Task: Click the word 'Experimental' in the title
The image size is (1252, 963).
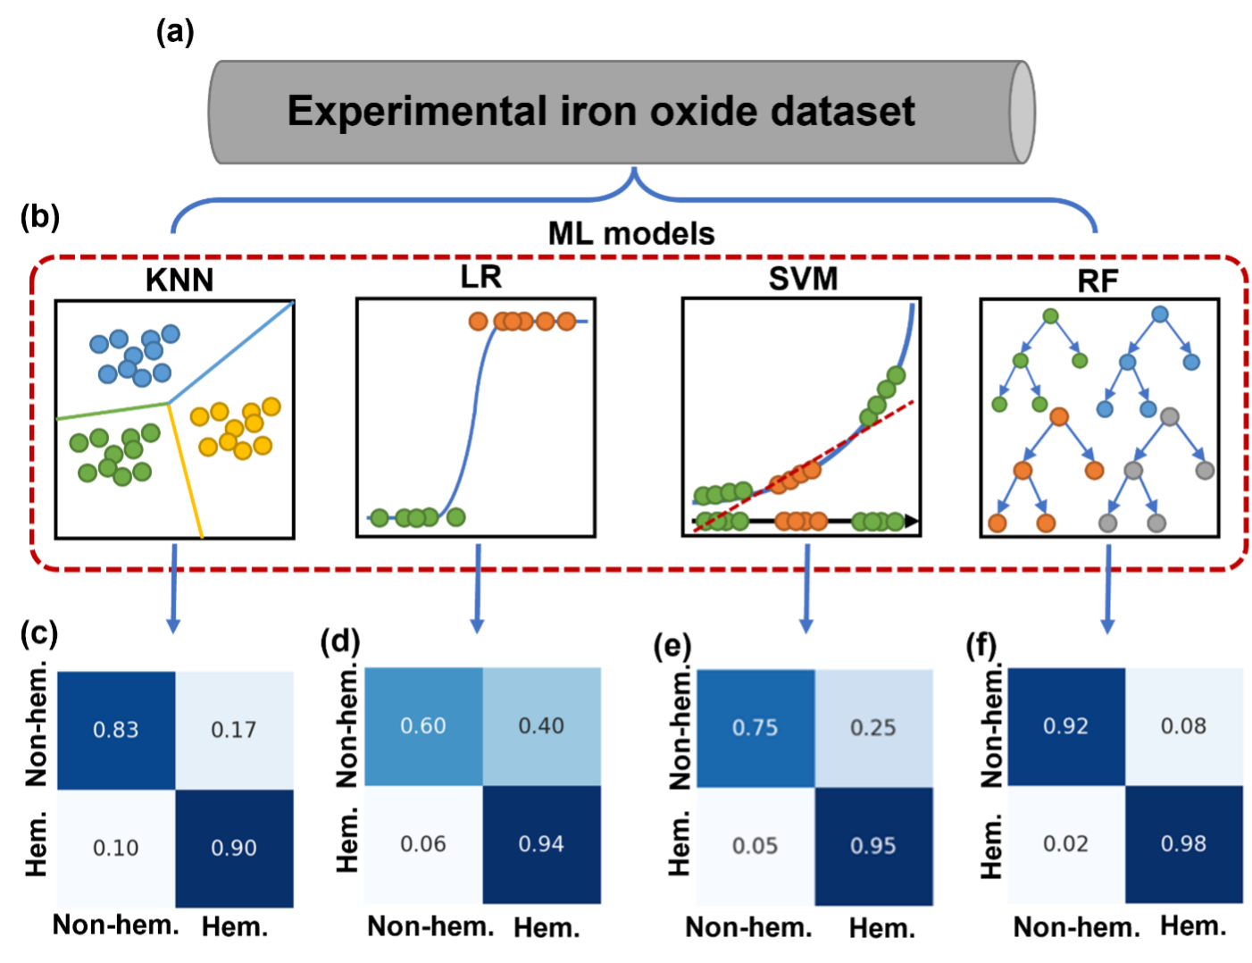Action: tap(417, 112)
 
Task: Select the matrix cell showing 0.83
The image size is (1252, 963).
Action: tap(116, 730)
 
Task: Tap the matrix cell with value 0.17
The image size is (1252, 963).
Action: tap(234, 730)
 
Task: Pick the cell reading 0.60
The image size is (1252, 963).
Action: tap(423, 726)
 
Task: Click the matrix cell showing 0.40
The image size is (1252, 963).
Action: tap(541, 726)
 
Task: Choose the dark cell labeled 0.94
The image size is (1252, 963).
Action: tap(541, 844)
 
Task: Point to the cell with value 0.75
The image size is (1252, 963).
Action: tap(755, 728)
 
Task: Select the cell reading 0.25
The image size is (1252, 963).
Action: tap(873, 728)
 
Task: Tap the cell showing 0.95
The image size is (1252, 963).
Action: tap(873, 846)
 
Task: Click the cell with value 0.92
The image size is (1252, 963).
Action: tap(1066, 726)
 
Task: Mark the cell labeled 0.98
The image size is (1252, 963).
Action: tap(1184, 844)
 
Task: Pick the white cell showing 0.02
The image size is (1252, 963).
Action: tap(1066, 844)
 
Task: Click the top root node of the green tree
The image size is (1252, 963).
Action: tap(1051, 316)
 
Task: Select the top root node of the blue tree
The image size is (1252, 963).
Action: tap(1160, 314)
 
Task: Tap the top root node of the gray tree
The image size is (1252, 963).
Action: tap(1170, 416)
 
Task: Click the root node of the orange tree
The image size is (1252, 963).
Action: tap(1059, 416)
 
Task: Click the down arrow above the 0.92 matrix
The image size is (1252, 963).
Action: tap(1108, 590)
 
